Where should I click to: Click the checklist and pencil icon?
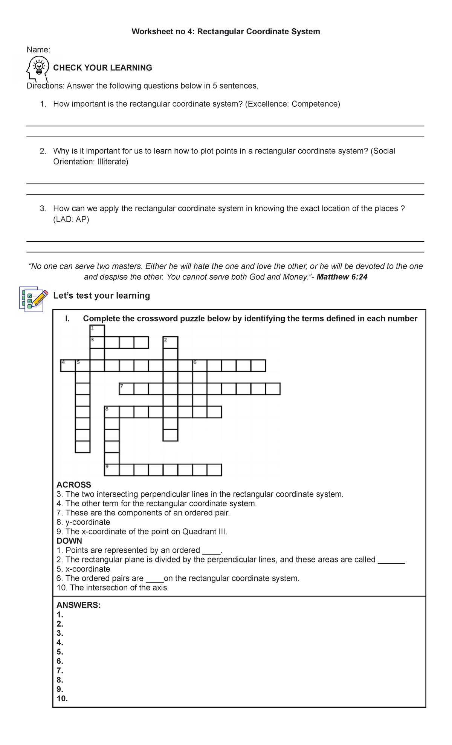click(x=34, y=299)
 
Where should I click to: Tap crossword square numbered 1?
click(x=97, y=331)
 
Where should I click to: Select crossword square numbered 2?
click(x=170, y=342)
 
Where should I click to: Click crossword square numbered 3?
click(x=97, y=342)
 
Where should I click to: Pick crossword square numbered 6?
click(x=200, y=366)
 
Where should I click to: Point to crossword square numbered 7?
click(x=126, y=389)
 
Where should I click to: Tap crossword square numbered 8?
click(x=112, y=412)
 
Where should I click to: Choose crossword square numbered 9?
click(x=112, y=470)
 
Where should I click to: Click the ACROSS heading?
click(x=74, y=485)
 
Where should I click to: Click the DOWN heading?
click(x=69, y=541)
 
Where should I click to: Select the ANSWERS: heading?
click(x=78, y=605)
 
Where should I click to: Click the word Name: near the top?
click(x=38, y=50)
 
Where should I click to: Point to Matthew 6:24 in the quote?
click(x=342, y=277)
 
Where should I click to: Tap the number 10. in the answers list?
click(x=62, y=699)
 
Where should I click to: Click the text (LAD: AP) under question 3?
click(x=71, y=219)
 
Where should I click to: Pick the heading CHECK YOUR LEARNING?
click(x=102, y=68)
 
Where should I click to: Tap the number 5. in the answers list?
click(x=60, y=652)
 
